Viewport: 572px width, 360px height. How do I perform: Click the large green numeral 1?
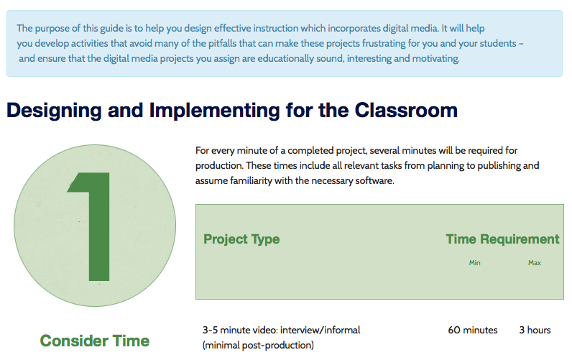(94, 226)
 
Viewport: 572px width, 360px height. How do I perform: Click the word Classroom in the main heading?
(406, 110)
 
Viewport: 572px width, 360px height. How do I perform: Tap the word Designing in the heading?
(54, 111)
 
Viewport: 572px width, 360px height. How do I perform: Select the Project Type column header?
(241, 239)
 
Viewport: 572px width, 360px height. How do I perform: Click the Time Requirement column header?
(502, 239)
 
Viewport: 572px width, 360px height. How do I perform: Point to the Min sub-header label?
(474, 262)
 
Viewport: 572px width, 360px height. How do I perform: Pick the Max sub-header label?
(535, 262)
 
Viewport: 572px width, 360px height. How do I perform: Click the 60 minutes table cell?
(473, 330)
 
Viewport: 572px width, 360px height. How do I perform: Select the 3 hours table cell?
(535, 330)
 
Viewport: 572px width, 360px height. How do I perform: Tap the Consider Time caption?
(95, 341)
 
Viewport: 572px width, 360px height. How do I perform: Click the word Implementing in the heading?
(214, 111)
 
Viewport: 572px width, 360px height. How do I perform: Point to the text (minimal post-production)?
(258, 345)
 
